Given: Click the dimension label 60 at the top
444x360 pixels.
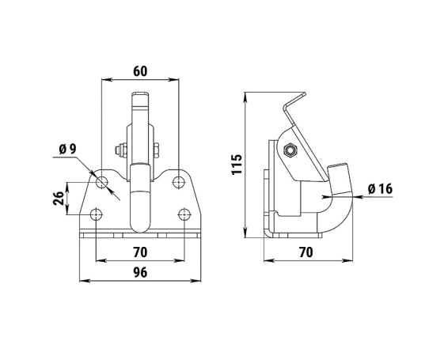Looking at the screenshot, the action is pos(140,71).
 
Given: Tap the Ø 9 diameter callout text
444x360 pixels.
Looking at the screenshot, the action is pos(68,150).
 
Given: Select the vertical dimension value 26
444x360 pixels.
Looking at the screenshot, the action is pos(59,198).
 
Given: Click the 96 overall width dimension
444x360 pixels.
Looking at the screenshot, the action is pos(140,272).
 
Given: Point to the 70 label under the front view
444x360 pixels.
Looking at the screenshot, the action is pos(140,252).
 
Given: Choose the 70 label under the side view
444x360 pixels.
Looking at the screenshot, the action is pos(305,252).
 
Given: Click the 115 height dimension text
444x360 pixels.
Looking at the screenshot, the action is pos(237,165).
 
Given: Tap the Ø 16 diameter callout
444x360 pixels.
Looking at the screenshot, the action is pos(380,189).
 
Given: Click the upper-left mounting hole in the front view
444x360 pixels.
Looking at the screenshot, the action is pos(102,182).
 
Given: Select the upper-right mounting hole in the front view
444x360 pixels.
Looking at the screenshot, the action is pos(179,182).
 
